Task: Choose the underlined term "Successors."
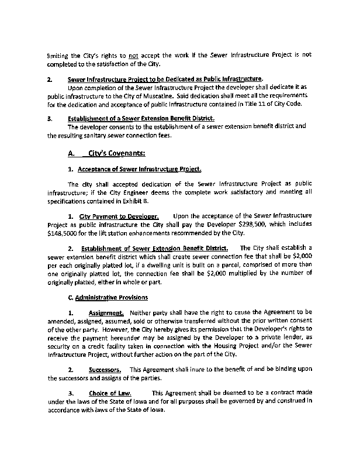coord(105,370)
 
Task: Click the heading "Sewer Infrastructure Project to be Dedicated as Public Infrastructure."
coord(165,79)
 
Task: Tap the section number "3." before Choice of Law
coord(71,393)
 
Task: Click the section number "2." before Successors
coord(71,370)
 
